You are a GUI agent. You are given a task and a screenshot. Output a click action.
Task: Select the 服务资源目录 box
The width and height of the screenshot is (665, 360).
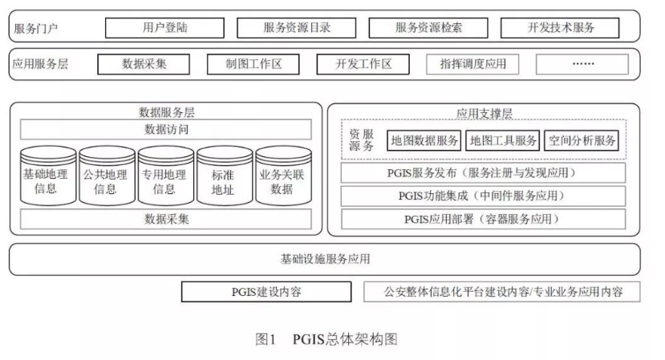297,27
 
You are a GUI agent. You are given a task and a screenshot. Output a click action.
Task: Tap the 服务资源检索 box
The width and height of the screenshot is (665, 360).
428,27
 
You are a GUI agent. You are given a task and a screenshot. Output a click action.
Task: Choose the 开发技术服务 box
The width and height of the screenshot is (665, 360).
561,27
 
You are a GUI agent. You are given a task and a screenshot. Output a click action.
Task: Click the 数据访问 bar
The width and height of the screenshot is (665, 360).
166,129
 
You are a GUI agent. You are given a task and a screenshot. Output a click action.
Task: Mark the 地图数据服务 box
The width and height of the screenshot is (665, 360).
424,141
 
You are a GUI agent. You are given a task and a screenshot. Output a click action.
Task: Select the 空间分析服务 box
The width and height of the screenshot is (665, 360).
582,141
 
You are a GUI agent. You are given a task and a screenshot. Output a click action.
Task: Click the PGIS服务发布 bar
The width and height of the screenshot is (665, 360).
484,172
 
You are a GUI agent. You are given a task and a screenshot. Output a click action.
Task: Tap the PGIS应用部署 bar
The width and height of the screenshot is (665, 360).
484,218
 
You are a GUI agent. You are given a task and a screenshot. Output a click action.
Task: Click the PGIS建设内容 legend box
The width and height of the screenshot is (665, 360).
266,291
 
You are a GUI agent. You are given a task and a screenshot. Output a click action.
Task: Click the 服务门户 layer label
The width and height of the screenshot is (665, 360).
36,28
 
